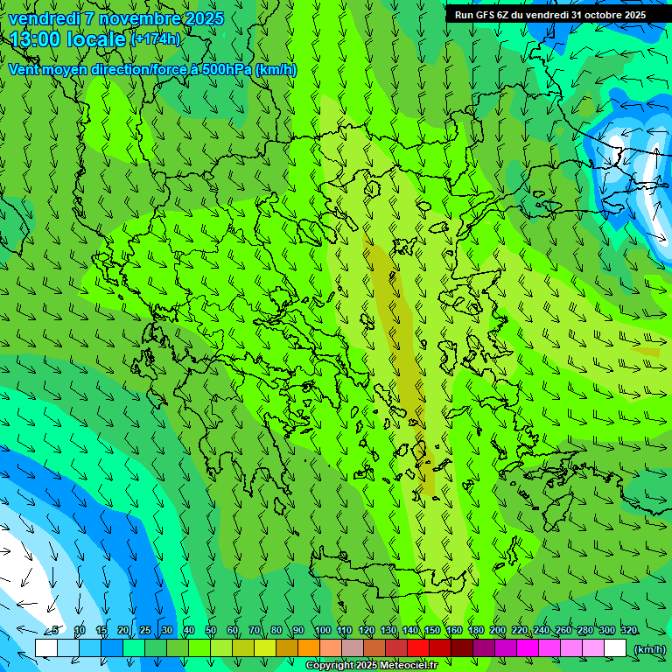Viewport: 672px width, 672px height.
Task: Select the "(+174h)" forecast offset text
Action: point(156,39)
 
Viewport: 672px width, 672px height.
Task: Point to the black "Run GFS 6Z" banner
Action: point(549,15)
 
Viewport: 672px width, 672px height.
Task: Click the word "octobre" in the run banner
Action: point(596,15)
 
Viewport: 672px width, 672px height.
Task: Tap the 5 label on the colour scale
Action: point(55,631)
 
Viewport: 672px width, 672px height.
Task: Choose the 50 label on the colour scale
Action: point(211,631)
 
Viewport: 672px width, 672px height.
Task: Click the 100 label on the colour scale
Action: point(322,631)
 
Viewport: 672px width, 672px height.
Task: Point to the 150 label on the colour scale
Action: point(432,631)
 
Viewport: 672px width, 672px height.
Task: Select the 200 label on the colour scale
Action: point(498,631)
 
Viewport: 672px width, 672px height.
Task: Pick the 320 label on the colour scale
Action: point(628,631)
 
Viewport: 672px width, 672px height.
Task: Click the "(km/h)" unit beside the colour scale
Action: point(649,648)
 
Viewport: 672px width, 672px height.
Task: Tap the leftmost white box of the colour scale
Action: point(46,648)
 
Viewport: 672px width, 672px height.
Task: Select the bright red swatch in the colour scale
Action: point(418,648)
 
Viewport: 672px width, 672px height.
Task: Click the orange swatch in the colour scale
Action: point(309,648)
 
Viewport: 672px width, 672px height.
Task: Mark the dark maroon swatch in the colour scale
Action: point(462,648)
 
